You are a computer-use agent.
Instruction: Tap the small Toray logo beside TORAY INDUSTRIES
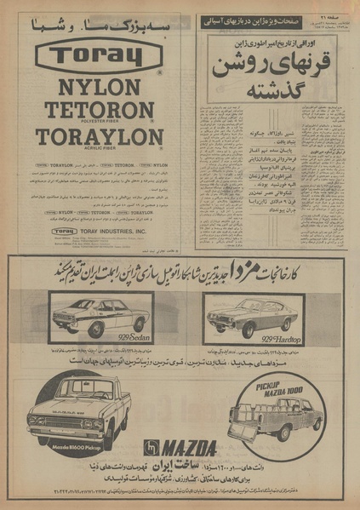(65, 231)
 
